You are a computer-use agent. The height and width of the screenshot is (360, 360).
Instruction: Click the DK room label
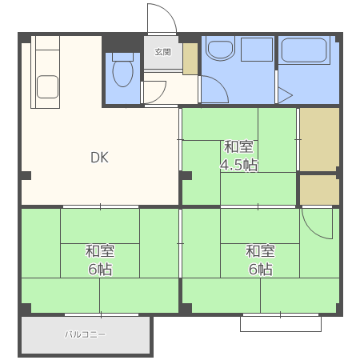point(99,158)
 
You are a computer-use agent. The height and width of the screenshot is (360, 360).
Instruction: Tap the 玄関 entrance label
point(162,52)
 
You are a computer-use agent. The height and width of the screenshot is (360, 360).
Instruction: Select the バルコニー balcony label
point(86,334)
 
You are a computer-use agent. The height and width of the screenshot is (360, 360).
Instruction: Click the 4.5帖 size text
point(238,165)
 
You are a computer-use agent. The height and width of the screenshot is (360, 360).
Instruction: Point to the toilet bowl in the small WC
point(123,74)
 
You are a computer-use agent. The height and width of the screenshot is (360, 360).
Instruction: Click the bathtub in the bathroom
point(304,50)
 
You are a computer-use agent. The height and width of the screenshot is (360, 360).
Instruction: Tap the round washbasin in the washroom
point(221,50)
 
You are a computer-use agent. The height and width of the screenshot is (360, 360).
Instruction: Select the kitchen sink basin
point(47,86)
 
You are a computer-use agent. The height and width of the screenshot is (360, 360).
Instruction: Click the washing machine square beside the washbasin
point(257,50)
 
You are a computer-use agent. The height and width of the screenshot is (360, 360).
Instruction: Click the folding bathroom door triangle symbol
point(286,95)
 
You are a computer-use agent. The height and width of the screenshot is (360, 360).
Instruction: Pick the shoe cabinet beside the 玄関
point(190,58)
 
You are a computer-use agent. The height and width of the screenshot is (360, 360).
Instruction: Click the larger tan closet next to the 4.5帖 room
point(319,139)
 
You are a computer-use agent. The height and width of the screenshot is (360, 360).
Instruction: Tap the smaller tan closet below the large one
point(319,190)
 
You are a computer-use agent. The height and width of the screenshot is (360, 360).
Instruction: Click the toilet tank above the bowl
point(122,57)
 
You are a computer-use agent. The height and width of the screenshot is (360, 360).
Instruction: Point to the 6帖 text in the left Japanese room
point(100,269)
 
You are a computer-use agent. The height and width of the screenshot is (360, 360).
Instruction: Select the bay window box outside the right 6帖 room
point(281,324)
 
